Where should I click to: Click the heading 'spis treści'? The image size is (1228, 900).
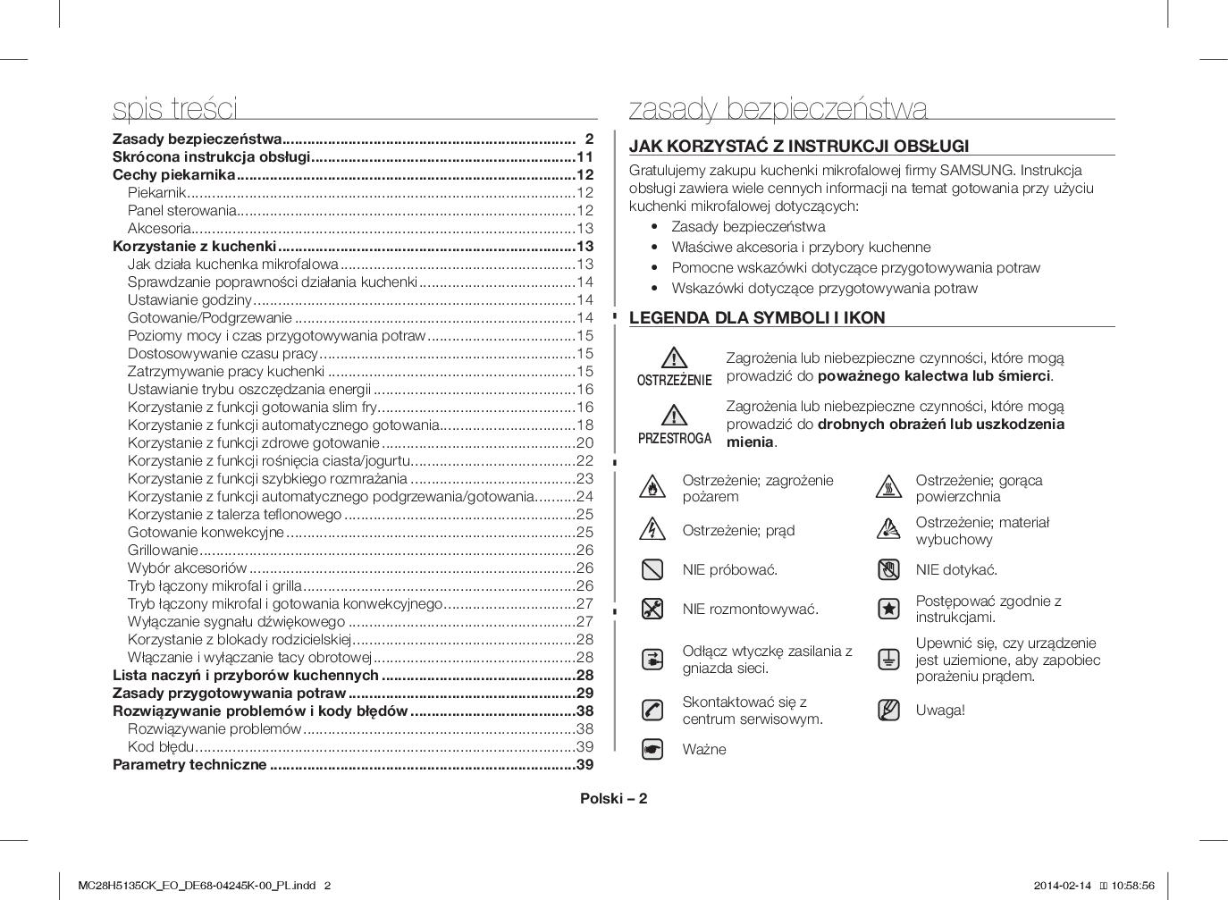click(x=175, y=108)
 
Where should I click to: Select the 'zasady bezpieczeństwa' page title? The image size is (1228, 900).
click(x=778, y=108)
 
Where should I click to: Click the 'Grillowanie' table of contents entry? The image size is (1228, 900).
click(x=163, y=550)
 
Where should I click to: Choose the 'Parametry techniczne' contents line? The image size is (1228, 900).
click(x=189, y=764)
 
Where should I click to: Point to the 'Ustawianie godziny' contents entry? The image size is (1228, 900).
click(x=189, y=299)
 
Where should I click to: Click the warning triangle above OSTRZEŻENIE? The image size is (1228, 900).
click(x=674, y=357)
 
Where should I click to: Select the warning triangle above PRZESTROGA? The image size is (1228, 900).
click(x=674, y=415)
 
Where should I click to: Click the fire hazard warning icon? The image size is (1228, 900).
click(x=652, y=488)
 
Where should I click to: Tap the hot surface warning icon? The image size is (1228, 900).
click(x=888, y=488)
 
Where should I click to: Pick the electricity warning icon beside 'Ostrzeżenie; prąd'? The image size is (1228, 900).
click(x=652, y=529)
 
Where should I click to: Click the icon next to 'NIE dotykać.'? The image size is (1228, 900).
click(x=888, y=569)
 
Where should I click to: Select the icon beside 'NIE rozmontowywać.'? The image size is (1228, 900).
click(x=652, y=609)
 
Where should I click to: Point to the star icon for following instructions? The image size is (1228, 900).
click(x=888, y=609)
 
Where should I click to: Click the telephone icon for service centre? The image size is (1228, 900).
click(x=652, y=711)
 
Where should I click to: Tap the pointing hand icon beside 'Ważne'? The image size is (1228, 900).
click(x=652, y=749)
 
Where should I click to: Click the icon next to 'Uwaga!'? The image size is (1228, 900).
click(x=888, y=711)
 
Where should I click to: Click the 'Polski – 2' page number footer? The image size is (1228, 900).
click(x=613, y=798)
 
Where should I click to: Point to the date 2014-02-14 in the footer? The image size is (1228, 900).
click(x=1063, y=886)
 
